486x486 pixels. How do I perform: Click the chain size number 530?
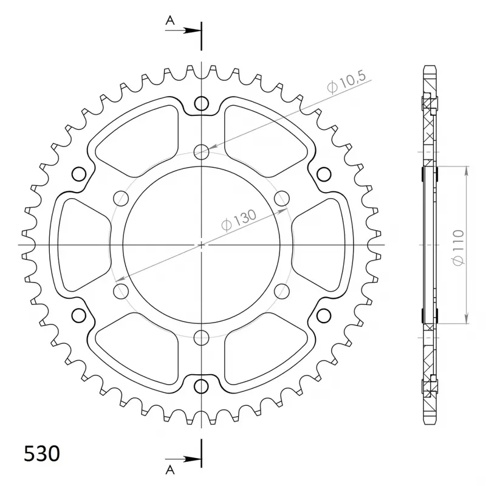pyautogui.click(x=42, y=454)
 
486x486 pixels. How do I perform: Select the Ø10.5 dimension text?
pyautogui.click(x=346, y=83)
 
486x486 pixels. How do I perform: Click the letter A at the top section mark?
pyautogui.click(x=171, y=21)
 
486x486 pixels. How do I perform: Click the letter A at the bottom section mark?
pyautogui.click(x=171, y=468)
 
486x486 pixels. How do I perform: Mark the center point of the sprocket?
pyautogui.click(x=201, y=245)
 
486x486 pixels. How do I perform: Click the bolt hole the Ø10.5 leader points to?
pyautogui.click(x=201, y=151)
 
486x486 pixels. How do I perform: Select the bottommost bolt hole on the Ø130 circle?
pyautogui.click(x=201, y=338)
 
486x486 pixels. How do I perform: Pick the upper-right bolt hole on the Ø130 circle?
pyautogui.click(x=282, y=198)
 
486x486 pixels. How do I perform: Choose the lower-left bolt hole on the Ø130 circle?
pyautogui.click(x=120, y=292)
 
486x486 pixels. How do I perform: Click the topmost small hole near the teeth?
pyautogui.click(x=201, y=104)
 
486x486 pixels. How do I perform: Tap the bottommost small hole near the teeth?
pyautogui.click(x=201, y=386)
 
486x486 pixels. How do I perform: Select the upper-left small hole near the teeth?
pyautogui.click(x=79, y=175)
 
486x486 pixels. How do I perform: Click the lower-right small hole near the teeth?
pyautogui.click(x=323, y=315)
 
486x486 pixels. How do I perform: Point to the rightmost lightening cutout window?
pyautogui.click(x=322, y=245)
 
